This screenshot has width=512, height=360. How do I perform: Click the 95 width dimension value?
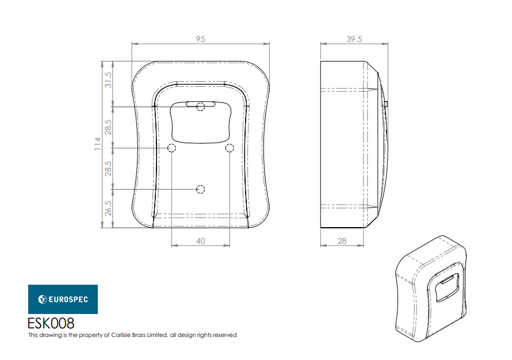tap(201, 39)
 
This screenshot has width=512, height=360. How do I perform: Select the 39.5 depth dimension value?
tap(354, 39)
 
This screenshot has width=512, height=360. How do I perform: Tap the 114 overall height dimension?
tap(98, 144)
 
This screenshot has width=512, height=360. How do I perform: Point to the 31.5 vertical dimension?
tap(108, 80)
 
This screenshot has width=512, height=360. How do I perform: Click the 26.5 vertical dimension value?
tap(108, 208)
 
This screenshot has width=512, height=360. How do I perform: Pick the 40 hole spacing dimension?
tap(201, 241)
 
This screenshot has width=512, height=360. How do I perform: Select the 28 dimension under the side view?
tap(342, 241)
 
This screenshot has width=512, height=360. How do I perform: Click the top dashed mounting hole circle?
tap(201, 107)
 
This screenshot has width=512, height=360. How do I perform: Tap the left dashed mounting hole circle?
tap(172, 148)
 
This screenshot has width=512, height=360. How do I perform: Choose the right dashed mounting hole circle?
tap(230, 148)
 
